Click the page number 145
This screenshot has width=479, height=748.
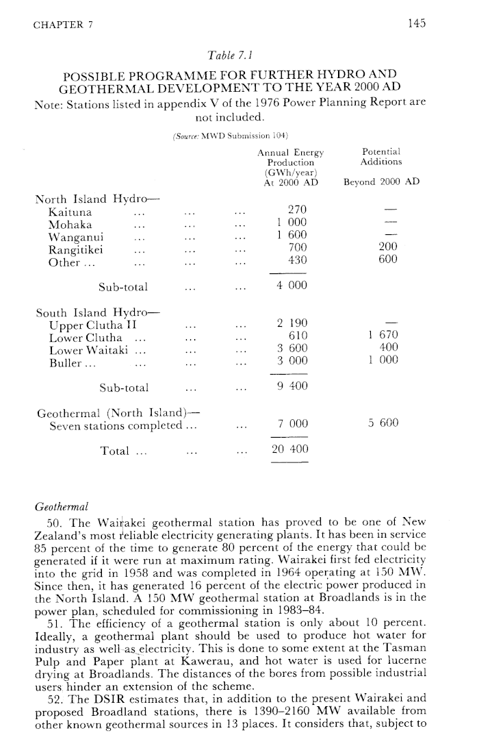(x=416, y=23)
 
